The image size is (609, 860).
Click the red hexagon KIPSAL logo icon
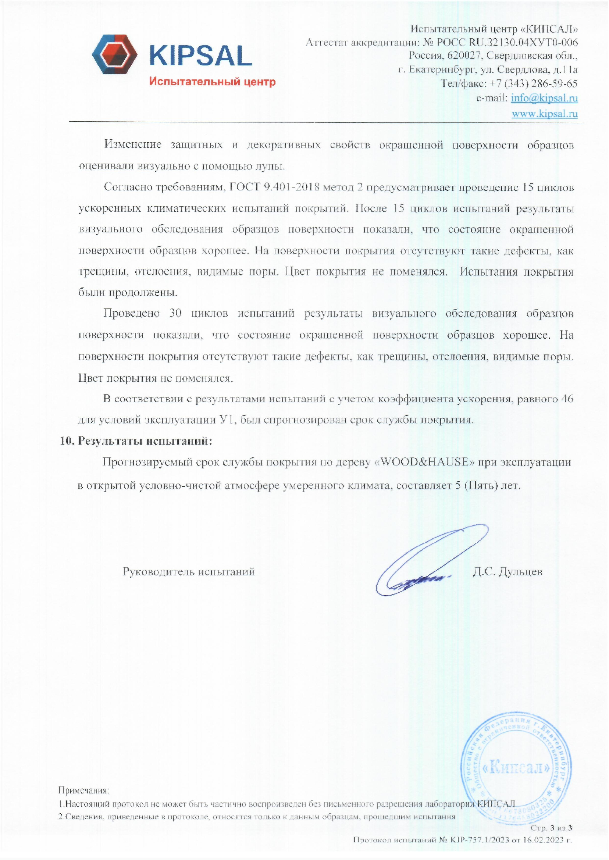click(x=114, y=54)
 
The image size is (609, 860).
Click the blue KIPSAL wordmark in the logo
click(x=200, y=56)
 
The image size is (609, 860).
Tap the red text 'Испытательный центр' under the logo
click(x=212, y=81)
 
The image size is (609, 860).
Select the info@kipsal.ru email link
click(x=544, y=98)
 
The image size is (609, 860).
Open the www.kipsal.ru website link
click(x=545, y=114)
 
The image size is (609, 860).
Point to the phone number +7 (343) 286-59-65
click(x=534, y=83)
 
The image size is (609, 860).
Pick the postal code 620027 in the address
click(x=464, y=56)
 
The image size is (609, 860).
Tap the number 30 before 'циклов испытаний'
click(x=175, y=313)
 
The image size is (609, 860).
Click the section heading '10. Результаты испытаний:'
click(x=136, y=441)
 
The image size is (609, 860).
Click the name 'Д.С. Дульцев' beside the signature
click(x=508, y=572)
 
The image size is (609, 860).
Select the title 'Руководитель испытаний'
click(x=189, y=572)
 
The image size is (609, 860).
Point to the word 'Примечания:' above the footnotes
click(x=83, y=791)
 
